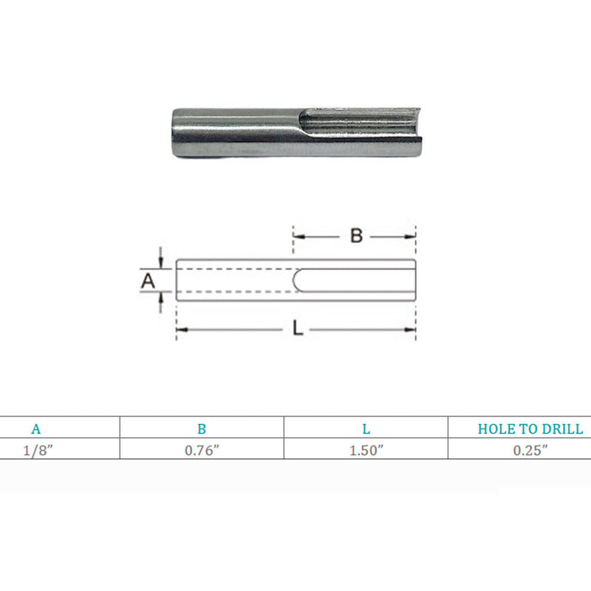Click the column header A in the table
[35, 429]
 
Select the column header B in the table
[202, 429]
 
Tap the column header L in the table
[366, 429]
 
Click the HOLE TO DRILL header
[530, 429]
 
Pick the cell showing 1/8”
[38, 451]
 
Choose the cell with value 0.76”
[202, 451]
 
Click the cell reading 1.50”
[366, 451]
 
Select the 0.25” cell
[530, 451]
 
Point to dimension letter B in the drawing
[356, 236]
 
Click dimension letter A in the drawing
[148, 281]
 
